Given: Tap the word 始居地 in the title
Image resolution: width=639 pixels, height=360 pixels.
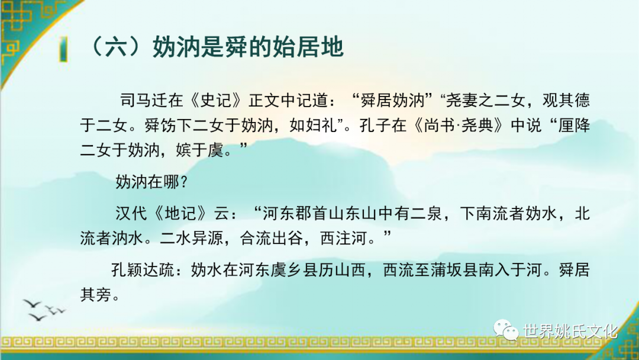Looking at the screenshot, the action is [x=308, y=47].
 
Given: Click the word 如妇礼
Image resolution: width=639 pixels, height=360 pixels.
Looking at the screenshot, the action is [x=314, y=125].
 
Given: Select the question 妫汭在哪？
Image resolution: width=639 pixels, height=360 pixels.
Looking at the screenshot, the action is [x=151, y=181].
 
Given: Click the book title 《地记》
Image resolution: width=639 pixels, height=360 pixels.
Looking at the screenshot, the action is [x=184, y=214].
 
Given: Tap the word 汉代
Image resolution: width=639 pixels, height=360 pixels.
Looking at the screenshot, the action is [x=131, y=214].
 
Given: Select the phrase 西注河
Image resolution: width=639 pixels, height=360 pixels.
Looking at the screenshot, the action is [x=344, y=238].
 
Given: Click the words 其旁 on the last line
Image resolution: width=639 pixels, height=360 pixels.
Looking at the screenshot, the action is [x=96, y=294].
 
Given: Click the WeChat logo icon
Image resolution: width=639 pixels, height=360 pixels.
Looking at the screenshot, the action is [x=506, y=329].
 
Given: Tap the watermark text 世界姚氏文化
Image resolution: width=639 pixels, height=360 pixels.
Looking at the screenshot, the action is [x=570, y=331].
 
